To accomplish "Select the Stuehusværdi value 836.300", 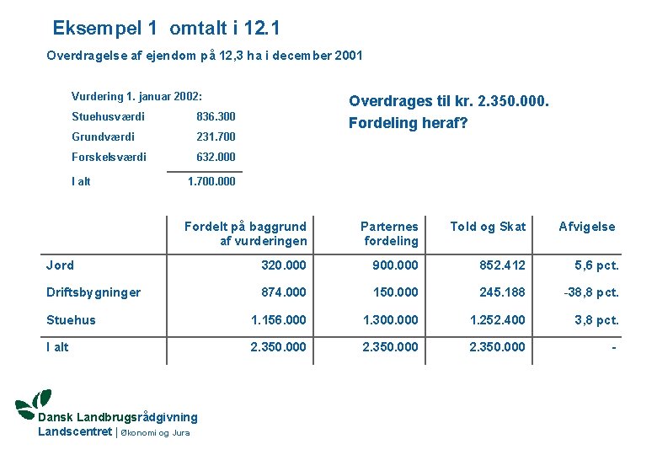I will click(216, 116).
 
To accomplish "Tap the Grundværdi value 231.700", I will click(216, 136).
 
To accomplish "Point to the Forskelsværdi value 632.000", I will click(216, 157).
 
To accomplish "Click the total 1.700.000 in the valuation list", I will click(211, 181).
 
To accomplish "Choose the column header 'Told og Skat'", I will click(488, 226).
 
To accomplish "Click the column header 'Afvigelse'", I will click(587, 226).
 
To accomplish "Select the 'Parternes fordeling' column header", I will click(390, 233).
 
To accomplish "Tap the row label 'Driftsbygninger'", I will click(93, 292).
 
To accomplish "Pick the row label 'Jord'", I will click(60, 265).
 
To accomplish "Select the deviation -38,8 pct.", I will click(591, 292).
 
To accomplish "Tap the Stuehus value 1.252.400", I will click(497, 320).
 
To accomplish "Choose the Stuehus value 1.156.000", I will click(279, 320).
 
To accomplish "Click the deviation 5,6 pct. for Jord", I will click(596, 265).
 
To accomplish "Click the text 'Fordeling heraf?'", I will click(408, 123).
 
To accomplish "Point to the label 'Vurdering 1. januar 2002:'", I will click(137, 96).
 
